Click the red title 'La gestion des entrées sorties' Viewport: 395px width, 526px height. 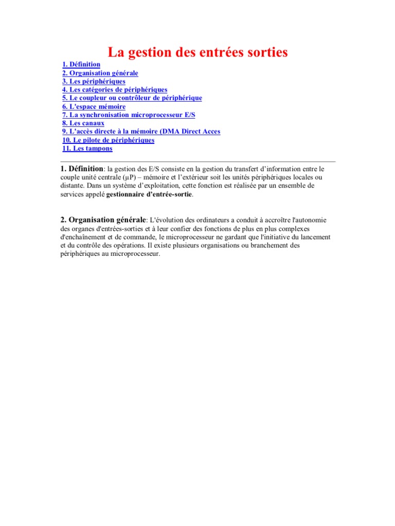(197, 52)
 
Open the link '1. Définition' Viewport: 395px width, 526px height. (81, 65)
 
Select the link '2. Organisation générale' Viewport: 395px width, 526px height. (100, 73)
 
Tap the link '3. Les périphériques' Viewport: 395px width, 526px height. (94, 81)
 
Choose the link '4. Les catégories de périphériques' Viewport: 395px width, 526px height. (115, 89)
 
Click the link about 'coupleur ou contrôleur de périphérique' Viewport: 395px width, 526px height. (132, 98)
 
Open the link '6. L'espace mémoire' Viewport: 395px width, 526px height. (94, 106)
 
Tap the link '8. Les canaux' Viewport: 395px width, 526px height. (83, 123)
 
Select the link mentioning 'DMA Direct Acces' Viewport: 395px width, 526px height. (141, 131)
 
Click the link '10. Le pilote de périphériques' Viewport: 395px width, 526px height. (108, 140)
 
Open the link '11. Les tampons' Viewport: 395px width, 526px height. (87, 148)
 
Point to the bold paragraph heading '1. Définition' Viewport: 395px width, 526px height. (82, 169)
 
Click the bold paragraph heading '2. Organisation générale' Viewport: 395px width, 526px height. (103, 220)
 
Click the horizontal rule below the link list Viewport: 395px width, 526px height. (197, 161)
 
